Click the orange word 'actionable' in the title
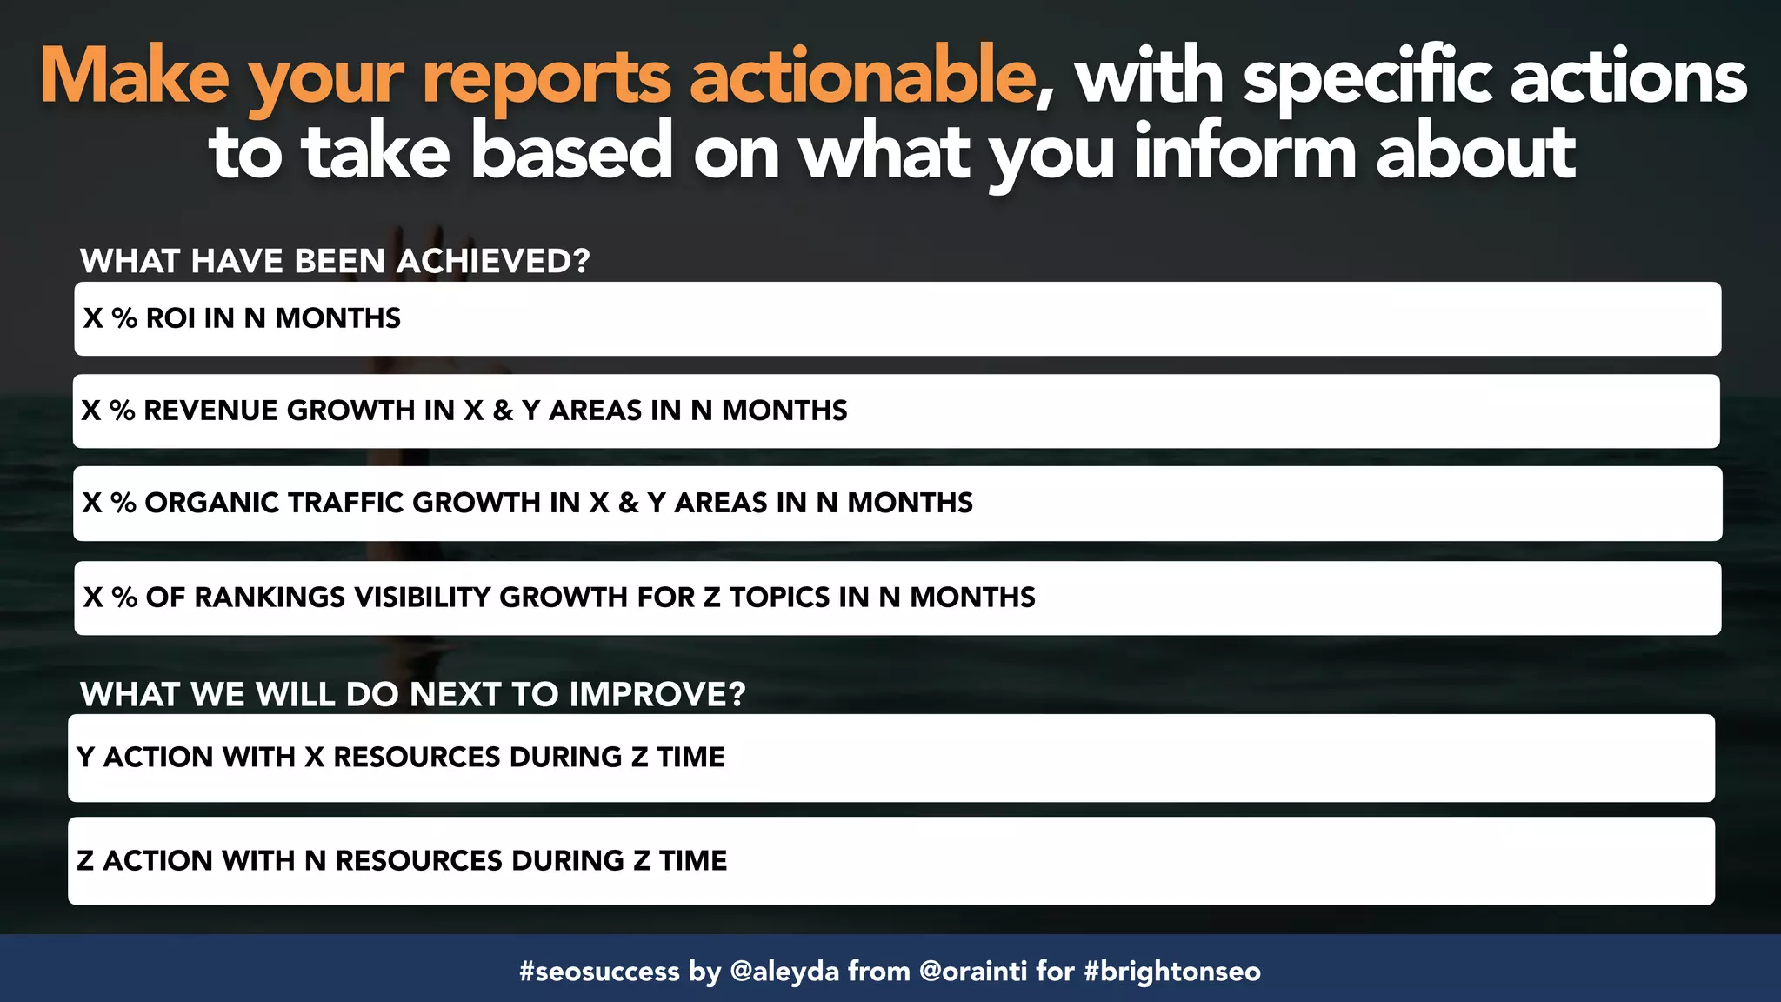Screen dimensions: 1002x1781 861,77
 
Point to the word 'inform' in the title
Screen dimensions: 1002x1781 1244,153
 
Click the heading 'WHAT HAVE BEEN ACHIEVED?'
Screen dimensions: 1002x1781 335,261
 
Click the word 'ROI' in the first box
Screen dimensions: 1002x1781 170,318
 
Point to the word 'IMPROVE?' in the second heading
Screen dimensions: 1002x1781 657,694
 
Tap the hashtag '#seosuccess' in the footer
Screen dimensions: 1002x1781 599,971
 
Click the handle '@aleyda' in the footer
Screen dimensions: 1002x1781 784,971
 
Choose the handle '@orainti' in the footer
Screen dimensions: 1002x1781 973,971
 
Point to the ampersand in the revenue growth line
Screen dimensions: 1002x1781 503,411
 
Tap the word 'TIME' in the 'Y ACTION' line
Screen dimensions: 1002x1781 690,758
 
